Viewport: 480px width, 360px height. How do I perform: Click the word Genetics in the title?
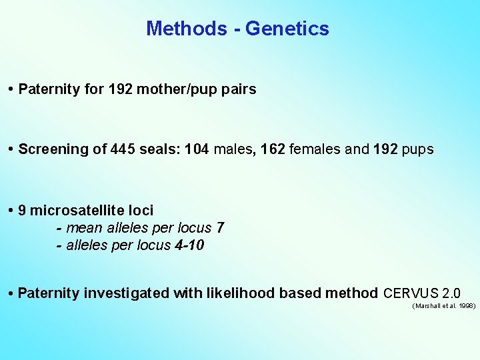(x=287, y=29)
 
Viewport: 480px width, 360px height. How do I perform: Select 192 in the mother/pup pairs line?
(x=121, y=89)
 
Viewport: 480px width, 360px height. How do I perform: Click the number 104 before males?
(x=197, y=149)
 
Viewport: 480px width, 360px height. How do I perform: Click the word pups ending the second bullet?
(x=417, y=149)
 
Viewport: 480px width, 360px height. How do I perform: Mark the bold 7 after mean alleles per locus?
(x=220, y=228)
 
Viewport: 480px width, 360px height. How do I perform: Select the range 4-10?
(x=188, y=245)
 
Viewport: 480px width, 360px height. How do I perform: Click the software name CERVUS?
(x=410, y=293)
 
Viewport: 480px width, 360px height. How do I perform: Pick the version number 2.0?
(x=451, y=293)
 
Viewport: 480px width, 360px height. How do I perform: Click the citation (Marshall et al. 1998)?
(x=444, y=306)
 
